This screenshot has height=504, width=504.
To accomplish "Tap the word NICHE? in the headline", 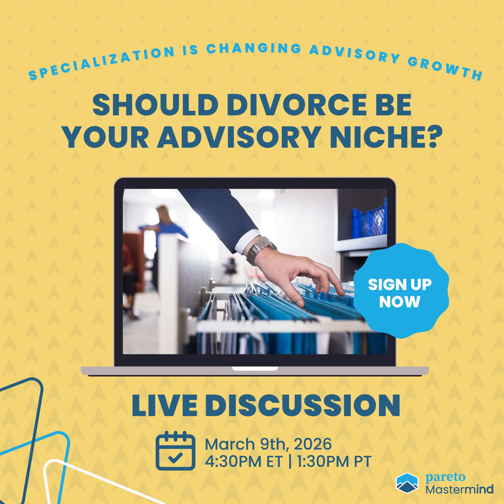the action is tap(386, 137).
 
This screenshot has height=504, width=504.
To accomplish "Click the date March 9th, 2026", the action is tap(268, 444).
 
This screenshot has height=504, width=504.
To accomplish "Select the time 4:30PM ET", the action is tap(244, 461).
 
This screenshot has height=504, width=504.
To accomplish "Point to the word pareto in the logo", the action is tap(445, 477).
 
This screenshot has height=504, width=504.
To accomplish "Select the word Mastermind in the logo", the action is tap(459, 489).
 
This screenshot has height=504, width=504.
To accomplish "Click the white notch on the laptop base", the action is tap(255, 369).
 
